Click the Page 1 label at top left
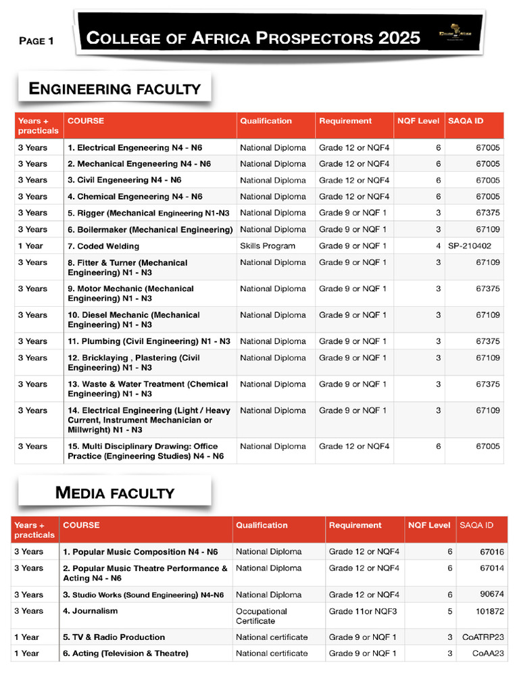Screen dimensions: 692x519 pos(36,41)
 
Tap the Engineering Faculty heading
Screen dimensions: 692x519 pos(114,89)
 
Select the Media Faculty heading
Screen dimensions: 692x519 pos(114,493)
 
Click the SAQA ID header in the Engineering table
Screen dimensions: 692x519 pos(466,121)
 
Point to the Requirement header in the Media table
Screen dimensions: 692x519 pos(355,525)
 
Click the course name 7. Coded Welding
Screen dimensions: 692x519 pos(103,246)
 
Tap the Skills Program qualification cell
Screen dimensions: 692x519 pos(268,246)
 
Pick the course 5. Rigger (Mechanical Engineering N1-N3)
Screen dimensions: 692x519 pos(148,213)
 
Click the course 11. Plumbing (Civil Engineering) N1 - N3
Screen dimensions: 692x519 pos(149,341)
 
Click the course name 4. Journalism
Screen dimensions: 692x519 pos(90,611)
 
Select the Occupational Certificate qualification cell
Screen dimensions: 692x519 pos(262,616)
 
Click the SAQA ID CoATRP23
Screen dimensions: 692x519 pos(483,637)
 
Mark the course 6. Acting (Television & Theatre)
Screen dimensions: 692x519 pos(126,653)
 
